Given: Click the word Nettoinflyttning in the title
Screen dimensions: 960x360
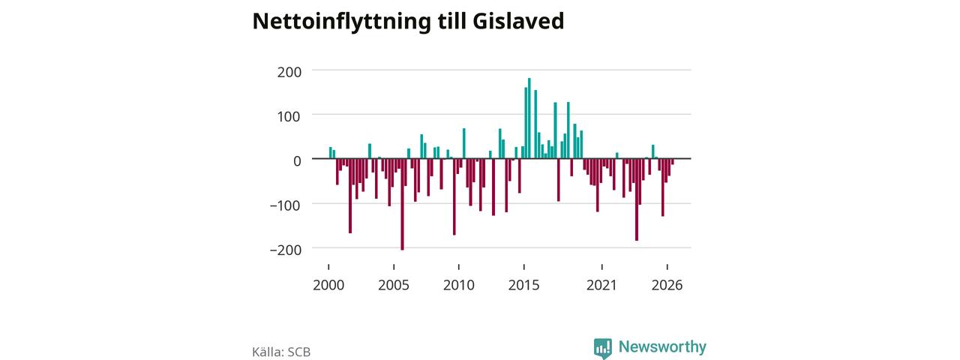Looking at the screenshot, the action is [x=341, y=22].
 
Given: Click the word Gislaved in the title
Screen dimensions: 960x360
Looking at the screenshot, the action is [x=518, y=21].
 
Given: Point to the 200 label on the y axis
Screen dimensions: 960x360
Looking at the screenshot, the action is [x=289, y=73].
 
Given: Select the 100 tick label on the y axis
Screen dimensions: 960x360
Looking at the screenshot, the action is [x=289, y=116].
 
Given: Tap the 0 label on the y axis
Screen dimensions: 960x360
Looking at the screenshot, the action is [x=298, y=161].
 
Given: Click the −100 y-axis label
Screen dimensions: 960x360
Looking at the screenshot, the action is [x=286, y=205].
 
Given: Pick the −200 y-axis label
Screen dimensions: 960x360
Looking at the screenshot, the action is [x=286, y=250].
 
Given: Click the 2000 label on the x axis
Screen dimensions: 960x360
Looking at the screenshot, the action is [x=328, y=286].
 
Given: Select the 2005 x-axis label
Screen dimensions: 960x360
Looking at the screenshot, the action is [x=394, y=286].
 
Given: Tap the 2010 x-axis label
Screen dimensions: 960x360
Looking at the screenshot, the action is [x=459, y=286].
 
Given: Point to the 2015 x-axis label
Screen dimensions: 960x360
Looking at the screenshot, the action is [x=524, y=286].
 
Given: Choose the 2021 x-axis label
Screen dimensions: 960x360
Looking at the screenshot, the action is [x=601, y=286].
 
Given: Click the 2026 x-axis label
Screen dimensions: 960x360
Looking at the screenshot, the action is [x=667, y=286].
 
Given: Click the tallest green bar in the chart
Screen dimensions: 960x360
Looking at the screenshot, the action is [x=529, y=118].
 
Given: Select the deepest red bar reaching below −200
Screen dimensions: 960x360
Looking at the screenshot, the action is [x=403, y=204].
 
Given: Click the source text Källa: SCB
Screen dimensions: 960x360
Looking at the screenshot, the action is [x=281, y=352].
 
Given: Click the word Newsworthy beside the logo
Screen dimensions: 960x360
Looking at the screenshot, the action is [x=662, y=346].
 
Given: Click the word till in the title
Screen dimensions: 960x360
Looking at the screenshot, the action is [x=451, y=21].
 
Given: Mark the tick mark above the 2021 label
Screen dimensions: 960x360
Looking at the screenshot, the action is [x=602, y=267].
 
